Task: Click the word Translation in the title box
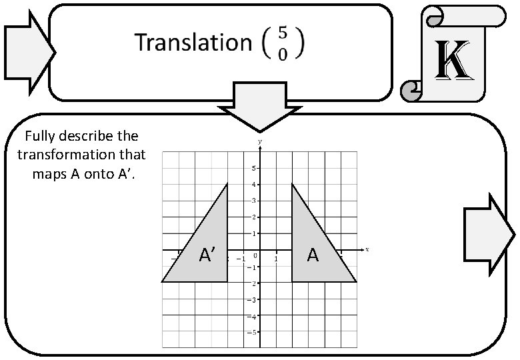tap(192, 43)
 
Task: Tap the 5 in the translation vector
tap(283, 33)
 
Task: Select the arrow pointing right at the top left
tap(28, 51)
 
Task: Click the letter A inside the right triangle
tap(313, 255)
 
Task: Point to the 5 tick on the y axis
tap(254, 168)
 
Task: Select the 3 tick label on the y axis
tap(254, 201)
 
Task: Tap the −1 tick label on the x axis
tap(241, 259)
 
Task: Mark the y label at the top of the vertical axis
tap(260, 142)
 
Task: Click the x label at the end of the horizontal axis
tap(367, 249)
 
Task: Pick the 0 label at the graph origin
tap(255, 256)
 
